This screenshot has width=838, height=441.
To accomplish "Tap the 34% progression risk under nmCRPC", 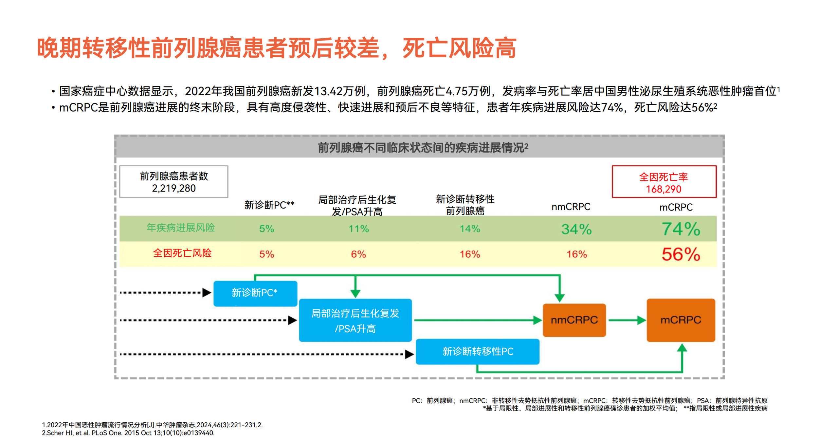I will pyautogui.click(x=576, y=229).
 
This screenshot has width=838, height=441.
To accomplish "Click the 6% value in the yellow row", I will pyautogui.click(x=358, y=254).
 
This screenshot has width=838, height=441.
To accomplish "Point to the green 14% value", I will pyautogui.click(x=469, y=229).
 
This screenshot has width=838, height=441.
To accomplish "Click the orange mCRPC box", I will pyautogui.click(x=680, y=320).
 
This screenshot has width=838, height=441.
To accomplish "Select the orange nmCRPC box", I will pyautogui.click(x=574, y=320).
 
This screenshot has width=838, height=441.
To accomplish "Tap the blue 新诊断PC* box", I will pyautogui.click(x=255, y=293).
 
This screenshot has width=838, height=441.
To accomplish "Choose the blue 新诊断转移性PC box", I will pyautogui.click(x=477, y=351).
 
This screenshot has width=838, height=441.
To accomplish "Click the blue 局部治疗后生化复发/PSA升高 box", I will pyautogui.click(x=355, y=320).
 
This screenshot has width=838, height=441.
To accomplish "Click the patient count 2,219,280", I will pyautogui.click(x=173, y=188).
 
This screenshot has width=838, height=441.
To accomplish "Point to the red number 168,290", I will pyautogui.click(x=663, y=189).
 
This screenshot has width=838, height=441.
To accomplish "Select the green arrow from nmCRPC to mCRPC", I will pyautogui.click(x=626, y=320).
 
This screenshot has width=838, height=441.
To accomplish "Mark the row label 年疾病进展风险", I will pyautogui.click(x=180, y=228).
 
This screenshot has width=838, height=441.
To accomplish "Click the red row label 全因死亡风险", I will pyautogui.click(x=182, y=253).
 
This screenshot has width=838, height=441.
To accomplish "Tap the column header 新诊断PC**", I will pyautogui.click(x=269, y=205).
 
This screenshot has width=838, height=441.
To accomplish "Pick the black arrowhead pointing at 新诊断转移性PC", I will pyautogui.click(x=409, y=354).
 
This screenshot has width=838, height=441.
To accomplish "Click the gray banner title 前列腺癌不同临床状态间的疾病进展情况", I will pyautogui.click(x=422, y=148).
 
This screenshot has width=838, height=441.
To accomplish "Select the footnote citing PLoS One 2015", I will pyautogui.click(x=128, y=433).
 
